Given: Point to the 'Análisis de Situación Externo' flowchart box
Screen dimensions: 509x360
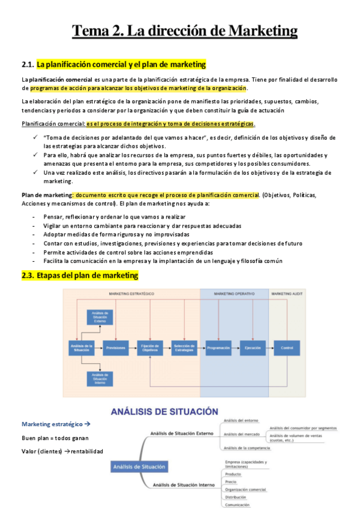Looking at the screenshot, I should coord(98,316).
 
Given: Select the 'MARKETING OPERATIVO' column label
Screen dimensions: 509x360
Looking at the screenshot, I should coord(233,294).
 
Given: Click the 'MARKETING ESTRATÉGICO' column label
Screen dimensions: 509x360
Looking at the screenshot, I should coord(131,294).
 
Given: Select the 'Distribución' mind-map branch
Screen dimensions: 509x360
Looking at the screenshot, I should coord(236,497).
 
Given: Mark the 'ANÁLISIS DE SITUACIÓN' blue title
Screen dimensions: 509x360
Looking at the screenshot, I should coord(164,412).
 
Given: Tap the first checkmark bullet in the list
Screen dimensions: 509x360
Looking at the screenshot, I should coord(35,137).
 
